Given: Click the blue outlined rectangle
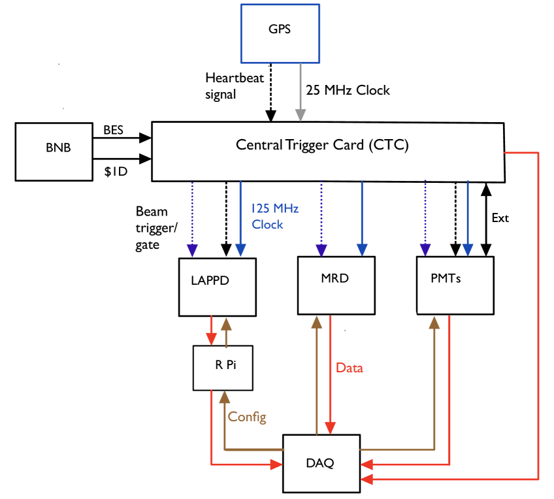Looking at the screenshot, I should coord(280,33).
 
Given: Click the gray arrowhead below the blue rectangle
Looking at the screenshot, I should coord(300,115).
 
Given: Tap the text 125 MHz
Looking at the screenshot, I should coord(275,208).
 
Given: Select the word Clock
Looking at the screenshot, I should coord(268,224).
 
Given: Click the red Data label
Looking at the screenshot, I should coord(349,368).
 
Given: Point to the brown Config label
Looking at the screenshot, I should coord(247,417).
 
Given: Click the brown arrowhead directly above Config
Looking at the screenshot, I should coord(225,396).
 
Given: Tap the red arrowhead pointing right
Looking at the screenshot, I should coord(276,464).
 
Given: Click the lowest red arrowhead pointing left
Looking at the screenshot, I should coord(367,479).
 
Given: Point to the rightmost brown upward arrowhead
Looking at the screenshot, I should coord(434,321).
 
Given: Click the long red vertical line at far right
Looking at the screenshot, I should coord(537,314).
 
